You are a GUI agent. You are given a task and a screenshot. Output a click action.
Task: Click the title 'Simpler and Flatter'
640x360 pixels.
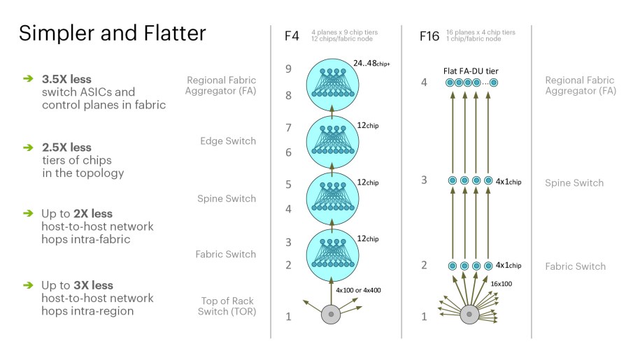coord(112,33)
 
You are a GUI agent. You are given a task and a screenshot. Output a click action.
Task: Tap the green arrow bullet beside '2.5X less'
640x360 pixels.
coord(28,147)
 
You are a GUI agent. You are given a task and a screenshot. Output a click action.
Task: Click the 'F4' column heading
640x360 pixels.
coord(292,36)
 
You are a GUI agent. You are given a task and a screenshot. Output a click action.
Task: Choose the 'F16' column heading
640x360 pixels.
coord(429,36)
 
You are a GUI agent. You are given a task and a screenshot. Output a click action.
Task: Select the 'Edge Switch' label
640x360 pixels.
coord(227,141)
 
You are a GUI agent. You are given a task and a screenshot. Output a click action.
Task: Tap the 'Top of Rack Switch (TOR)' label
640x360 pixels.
coord(228,306)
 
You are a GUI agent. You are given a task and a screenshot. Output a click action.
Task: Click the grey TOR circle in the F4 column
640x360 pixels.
coord(331,315)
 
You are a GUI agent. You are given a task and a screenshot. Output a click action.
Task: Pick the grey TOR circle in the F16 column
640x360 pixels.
coord(468,315)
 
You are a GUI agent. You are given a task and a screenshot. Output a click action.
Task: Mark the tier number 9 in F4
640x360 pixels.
coord(288,69)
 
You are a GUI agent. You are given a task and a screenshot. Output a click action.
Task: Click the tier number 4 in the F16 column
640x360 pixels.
coord(425,82)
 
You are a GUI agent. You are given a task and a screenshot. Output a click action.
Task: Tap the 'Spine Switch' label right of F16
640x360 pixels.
coord(574,183)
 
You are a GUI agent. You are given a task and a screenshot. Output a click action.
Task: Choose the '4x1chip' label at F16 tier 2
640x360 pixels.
coord(509,266)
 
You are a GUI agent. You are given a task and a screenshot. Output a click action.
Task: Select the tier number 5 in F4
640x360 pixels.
coord(288,185)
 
